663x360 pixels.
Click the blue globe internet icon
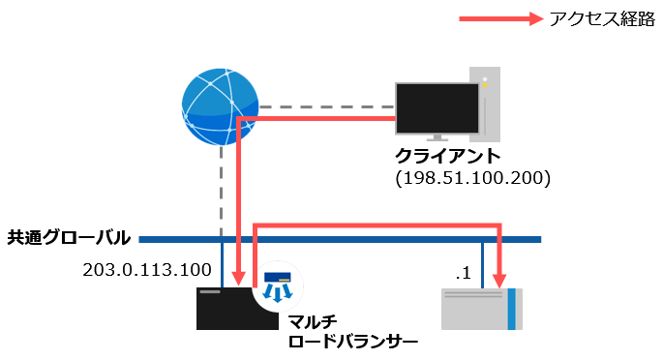point(220,103)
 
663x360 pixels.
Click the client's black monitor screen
point(437,107)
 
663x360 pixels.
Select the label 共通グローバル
point(69,237)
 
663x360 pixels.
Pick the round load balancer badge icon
point(278,285)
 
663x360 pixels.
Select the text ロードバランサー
point(352,341)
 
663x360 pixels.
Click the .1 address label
point(464,274)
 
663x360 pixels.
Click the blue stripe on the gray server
point(511,309)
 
